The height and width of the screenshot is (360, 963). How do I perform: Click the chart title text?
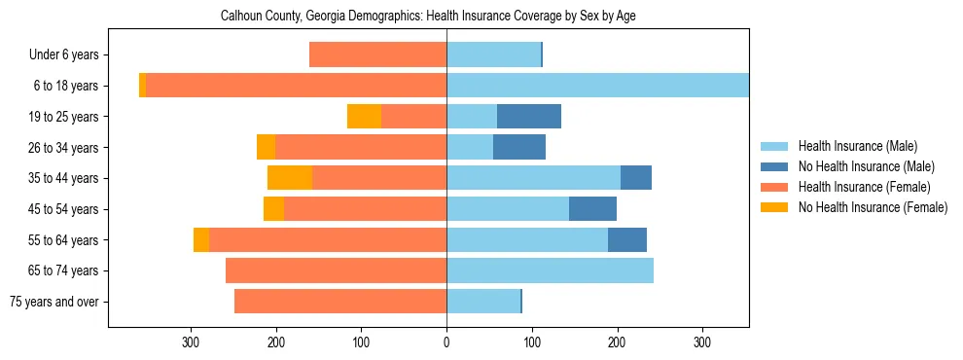click(x=428, y=17)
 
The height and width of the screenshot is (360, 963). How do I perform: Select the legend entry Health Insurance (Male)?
click(x=857, y=146)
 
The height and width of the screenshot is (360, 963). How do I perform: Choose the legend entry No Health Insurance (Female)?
click(x=873, y=207)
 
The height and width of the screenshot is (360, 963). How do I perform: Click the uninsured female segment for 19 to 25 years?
click(x=364, y=117)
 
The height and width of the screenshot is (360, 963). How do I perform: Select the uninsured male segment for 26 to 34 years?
click(x=519, y=148)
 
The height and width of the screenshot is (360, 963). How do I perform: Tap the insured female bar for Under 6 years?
click(x=377, y=55)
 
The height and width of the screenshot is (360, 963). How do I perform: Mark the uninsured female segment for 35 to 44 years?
click(x=290, y=178)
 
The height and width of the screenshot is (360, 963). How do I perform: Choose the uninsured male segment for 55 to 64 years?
click(x=627, y=240)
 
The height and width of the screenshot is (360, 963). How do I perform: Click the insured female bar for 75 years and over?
click(x=340, y=302)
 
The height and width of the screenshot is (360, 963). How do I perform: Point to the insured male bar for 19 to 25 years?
click(x=472, y=117)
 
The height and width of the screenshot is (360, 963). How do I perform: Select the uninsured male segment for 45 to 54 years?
click(x=592, y=209)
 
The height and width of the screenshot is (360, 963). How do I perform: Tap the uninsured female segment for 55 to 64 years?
click(x=201, y=240)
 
